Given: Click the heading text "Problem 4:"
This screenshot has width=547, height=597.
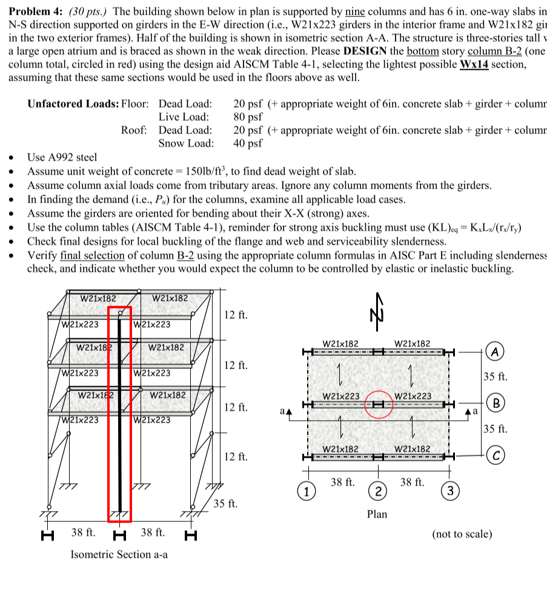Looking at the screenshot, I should (x=36, y=12).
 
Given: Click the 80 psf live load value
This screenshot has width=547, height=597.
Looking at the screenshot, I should (x=248, y=117).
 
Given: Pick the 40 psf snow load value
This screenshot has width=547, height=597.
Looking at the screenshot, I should (x=248, y=144).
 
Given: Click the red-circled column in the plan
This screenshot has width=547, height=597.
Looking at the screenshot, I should (x=379, y=404).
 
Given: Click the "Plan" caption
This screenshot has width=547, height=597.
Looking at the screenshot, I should (x=377, y=514).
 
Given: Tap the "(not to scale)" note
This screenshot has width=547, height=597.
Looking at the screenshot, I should (x=462, y=534).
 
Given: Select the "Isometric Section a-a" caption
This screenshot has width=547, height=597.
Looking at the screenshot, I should (x=119, y=555).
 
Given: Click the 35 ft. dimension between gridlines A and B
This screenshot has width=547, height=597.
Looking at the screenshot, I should (x=495, y=377).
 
